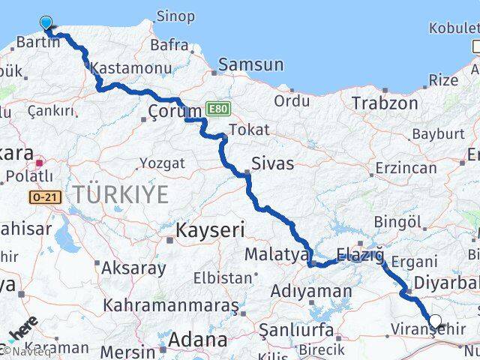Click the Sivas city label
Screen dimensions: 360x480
[272, 163]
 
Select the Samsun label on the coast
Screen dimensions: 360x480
[251, 65]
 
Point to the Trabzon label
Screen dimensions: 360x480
[385, 103]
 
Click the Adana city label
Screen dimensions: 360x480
[197, 340]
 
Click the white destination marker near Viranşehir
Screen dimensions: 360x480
[435, 322]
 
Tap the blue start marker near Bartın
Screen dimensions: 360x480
[46, 24]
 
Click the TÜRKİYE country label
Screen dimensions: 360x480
[120, 194]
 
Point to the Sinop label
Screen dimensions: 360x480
[175, 16]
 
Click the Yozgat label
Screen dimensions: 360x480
[162, 163]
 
